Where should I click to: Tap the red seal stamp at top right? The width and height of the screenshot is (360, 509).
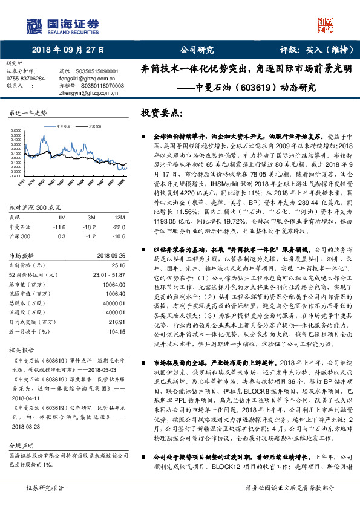327,25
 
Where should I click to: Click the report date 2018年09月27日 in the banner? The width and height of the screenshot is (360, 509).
67,50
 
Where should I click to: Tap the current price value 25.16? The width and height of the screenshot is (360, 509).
117,264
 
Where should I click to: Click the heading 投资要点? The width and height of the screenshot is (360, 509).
162,114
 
